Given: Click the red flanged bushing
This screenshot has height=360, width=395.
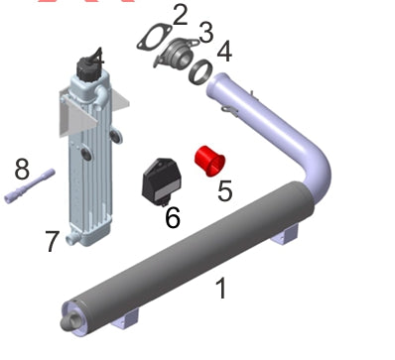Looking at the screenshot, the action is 209,161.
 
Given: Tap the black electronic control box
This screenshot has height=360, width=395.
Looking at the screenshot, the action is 162,181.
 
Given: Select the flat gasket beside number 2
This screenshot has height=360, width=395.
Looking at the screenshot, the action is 154,37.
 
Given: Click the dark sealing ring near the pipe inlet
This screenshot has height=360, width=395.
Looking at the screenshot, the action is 200,72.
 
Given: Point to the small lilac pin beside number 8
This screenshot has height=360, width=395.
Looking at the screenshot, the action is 29,185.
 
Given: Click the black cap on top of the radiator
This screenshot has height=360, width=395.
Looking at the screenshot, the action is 88,67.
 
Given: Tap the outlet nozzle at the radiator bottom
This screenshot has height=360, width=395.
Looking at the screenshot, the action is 71,239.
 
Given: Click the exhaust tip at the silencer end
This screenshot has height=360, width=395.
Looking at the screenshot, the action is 71,321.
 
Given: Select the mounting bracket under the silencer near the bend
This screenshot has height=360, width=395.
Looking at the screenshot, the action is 285,236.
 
